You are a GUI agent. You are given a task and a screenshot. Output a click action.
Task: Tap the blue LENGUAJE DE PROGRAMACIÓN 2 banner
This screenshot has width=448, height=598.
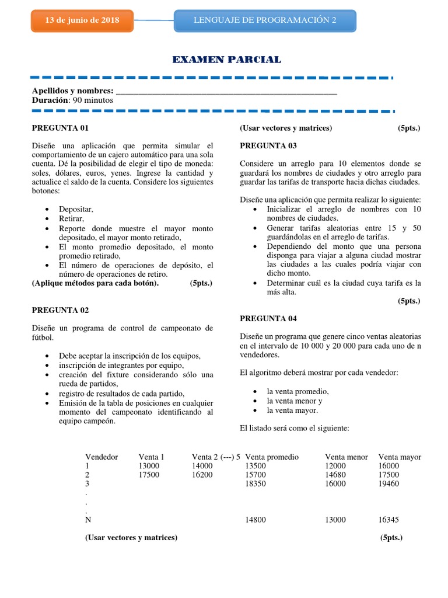(x=265, y=20)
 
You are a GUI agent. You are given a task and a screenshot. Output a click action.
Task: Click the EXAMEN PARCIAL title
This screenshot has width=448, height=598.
(x=227, y=60)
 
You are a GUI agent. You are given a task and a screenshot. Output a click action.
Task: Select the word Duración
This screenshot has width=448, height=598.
(x=50, y=100)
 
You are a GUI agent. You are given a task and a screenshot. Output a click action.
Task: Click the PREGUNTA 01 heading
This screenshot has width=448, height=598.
(x=60, y=128)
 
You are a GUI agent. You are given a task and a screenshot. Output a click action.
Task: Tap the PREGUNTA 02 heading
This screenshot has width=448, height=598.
(x=60, y=310)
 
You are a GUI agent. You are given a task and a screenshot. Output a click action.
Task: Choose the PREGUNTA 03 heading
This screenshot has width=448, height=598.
(x=268, y=145)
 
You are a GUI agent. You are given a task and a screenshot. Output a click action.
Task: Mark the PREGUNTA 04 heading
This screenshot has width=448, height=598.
(x=268, y=318)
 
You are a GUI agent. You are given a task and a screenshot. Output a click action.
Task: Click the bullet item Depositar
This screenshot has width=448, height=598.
(x=76, y=209)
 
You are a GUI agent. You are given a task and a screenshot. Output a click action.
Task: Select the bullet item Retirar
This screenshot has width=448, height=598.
(x=72, y=218)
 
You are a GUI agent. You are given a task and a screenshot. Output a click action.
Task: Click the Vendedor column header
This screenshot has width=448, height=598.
(x=101, y=457)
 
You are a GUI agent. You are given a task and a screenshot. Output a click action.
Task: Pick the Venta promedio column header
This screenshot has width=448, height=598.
(x=272, y=457)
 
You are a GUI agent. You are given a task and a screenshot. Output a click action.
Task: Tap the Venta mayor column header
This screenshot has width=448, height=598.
(x=400, y=457)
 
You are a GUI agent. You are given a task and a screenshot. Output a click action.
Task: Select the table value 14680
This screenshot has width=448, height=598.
(x=335, y=475)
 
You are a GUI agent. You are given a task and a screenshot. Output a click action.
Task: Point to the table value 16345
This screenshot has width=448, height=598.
(x=388, y=519)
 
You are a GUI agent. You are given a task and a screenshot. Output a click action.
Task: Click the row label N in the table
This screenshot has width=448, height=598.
(x=88, y=519)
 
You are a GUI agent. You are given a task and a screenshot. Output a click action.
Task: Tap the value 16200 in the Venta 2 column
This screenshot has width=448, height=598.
(x=202, y=475)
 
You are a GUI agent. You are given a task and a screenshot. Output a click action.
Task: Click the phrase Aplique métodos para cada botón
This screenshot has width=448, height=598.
(x=95, y=283)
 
